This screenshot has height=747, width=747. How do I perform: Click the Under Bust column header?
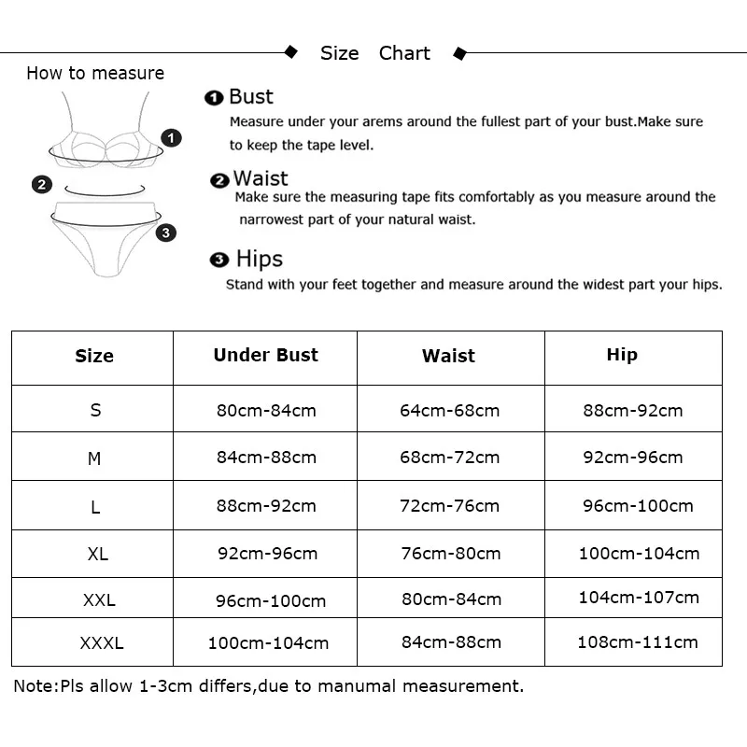(x=265, y=355)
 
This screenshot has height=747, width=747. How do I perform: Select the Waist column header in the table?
(x=448, y=356)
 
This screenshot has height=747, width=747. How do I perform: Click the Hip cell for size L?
(x=638, y=506)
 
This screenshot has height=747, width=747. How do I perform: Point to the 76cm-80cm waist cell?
(x=451, y=554)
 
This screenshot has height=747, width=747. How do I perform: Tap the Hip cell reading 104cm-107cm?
(x=639, y=597)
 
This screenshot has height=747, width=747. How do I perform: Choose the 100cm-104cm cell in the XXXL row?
(x=268, y=642)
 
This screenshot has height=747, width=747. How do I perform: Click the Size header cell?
(x=94, y=356)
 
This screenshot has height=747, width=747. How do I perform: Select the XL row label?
(x=97, y=554)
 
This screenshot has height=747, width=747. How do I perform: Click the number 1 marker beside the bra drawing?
(x=172, y=138)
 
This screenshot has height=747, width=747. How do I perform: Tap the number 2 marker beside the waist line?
(x=41, y=185)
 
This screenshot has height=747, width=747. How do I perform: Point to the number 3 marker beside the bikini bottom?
(x=166, y=233)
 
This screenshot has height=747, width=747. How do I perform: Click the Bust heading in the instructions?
(x=250, y=96)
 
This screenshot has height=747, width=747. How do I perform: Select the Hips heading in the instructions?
(x=259, y=259)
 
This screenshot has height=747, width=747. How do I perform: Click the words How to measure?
(x=95, y=73)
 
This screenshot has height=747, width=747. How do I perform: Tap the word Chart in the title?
(x=404, y=53)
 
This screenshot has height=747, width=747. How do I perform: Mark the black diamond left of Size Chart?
(x=290, y=52)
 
